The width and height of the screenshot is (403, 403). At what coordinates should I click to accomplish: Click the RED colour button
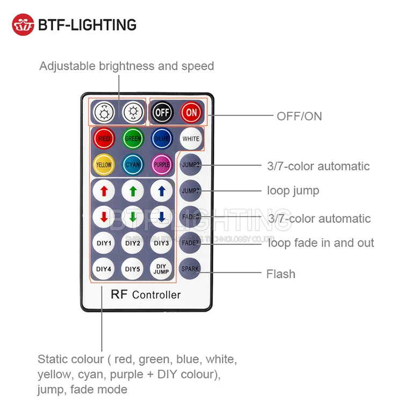tap(104, 139)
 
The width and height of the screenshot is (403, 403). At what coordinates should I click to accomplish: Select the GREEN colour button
tap(133, 139)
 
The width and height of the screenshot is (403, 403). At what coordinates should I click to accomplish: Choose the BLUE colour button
tap(161, 139)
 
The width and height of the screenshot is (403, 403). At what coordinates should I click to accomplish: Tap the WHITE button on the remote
tap(190, 139)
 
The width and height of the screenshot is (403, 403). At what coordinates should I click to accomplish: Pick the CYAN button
tap(133, 164)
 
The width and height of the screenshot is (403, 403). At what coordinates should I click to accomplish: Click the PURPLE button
tap(161, 164)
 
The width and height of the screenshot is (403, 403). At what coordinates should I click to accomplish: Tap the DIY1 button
tap(104, 243)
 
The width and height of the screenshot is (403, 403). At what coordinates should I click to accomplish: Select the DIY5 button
tap(133, 269)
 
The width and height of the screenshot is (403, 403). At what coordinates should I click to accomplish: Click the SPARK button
tap(190, 269)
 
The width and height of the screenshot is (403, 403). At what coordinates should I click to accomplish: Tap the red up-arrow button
tap(104, 191)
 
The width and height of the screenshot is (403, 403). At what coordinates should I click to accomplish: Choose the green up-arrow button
tap(133, 191)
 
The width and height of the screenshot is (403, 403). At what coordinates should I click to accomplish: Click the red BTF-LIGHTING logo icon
tap(23, 25)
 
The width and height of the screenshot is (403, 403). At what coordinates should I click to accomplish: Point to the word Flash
tap(280, 274)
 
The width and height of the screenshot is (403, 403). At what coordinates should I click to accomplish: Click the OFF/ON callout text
tap(299, 116)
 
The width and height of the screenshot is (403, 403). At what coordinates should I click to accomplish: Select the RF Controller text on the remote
tap(146, 294)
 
